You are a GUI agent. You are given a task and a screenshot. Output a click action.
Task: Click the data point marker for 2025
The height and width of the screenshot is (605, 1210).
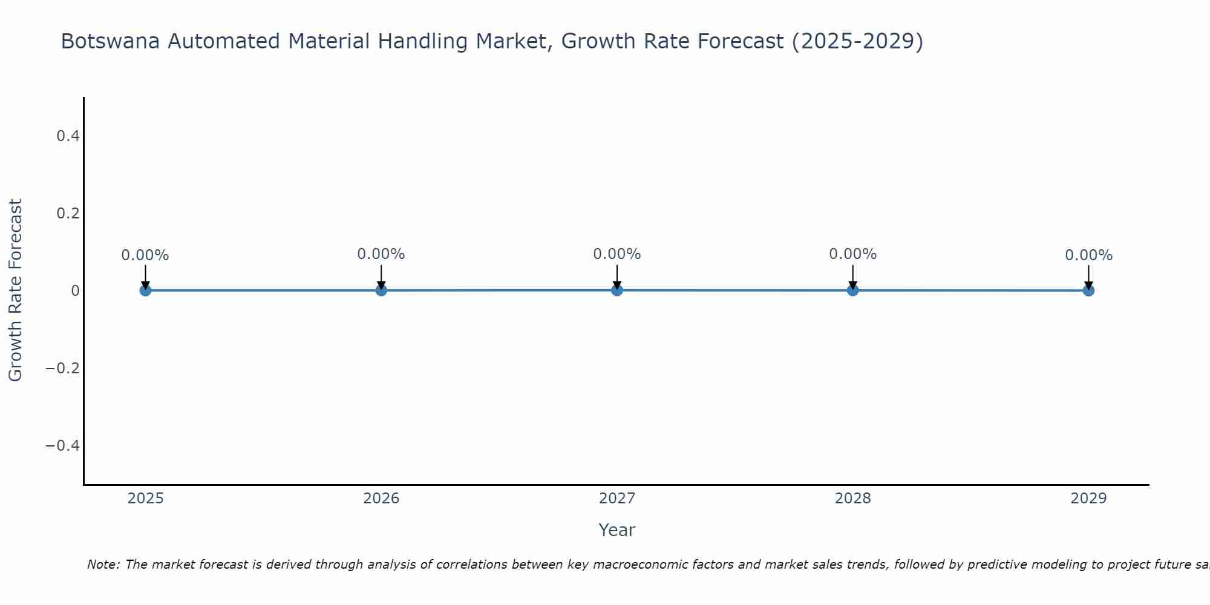145,290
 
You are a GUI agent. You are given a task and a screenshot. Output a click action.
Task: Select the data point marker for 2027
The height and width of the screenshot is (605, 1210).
617,290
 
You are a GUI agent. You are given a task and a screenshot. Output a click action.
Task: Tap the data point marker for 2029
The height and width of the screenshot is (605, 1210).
1088,290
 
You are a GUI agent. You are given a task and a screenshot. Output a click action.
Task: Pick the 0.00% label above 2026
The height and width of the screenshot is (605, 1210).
381,254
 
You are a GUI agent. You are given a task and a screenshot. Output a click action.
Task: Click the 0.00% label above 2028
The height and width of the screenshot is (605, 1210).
852,254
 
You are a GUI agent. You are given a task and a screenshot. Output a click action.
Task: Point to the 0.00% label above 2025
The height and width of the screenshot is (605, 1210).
145,255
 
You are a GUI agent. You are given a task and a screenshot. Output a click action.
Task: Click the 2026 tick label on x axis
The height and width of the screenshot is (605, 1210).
381,499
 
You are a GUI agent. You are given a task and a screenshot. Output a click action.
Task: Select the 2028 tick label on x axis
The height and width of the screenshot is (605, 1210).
852,499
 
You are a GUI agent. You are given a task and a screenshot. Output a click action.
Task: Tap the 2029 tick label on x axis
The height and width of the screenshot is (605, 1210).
1088,499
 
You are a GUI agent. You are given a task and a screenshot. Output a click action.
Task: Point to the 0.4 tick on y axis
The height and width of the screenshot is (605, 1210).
68,136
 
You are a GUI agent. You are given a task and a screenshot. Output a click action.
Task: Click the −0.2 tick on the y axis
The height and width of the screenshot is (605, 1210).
63,368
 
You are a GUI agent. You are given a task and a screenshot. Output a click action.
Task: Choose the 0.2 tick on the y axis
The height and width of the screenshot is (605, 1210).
68,214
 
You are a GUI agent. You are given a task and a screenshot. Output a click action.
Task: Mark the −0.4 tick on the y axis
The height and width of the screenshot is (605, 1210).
63,446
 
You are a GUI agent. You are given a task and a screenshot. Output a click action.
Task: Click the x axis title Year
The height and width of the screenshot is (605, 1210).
616,530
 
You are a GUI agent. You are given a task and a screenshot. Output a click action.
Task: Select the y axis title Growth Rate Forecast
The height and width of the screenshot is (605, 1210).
15,290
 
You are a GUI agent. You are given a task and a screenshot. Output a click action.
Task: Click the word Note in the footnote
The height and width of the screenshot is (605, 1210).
103,564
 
